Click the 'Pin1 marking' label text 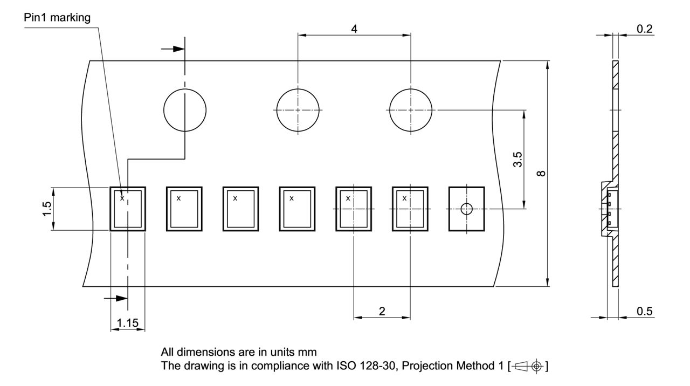pyautogui.click(x=57, y=18)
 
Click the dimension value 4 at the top pyautogui.click(x=354, y=29)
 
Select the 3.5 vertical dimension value pyautogui.click(x=517, y=160)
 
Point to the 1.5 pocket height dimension pyautogui.click(x=46, y=209)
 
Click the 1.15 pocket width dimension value pyautogui.click(x=127, y=323)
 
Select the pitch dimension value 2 pyautogui.click(x=382, y=311)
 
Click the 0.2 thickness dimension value pyautogui.click(x=645, y=29)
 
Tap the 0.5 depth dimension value pyautogui.click(x=645, y=311)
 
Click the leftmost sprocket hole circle pyautogui.click(x=185, y=109)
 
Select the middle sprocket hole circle pyautogui.click(x=298, y=109)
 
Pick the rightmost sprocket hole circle pyautogui.click(x=411, y=109)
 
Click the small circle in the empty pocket pyautogui.click(x=466, y=209)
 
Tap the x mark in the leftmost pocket pyautogui.click(x=122, y=198)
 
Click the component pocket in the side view pyautogui.click(x=610, y=209)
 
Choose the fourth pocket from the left pyautogui.click(x=297, y=209)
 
